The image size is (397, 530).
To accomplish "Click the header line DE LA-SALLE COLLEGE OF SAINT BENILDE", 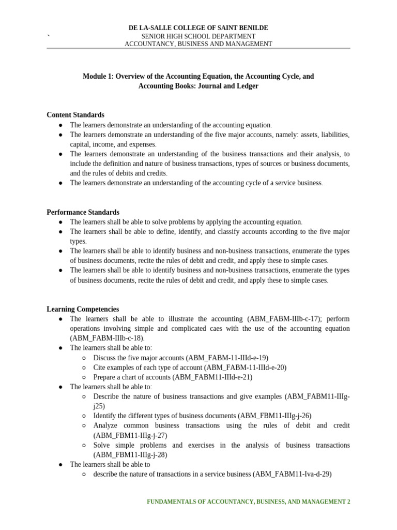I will tap(198, 27).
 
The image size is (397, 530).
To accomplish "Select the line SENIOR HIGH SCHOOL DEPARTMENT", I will tap(198, 36).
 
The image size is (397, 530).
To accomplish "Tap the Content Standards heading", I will tap(75, 115).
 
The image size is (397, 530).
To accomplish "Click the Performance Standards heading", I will tap(83, 212).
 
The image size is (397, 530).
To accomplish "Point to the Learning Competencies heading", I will tap(83, 309).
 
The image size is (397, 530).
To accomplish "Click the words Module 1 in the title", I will tap(97, 76).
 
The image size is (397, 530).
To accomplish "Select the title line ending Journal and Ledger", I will tap(198, 86).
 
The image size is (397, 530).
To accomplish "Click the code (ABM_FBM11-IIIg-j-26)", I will tap(274, 416).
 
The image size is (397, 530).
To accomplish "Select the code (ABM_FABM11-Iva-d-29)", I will tap(292, 474).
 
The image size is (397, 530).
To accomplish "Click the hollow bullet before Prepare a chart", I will tap(84, 377).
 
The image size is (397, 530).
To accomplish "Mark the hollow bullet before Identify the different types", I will tap(84, 416).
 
